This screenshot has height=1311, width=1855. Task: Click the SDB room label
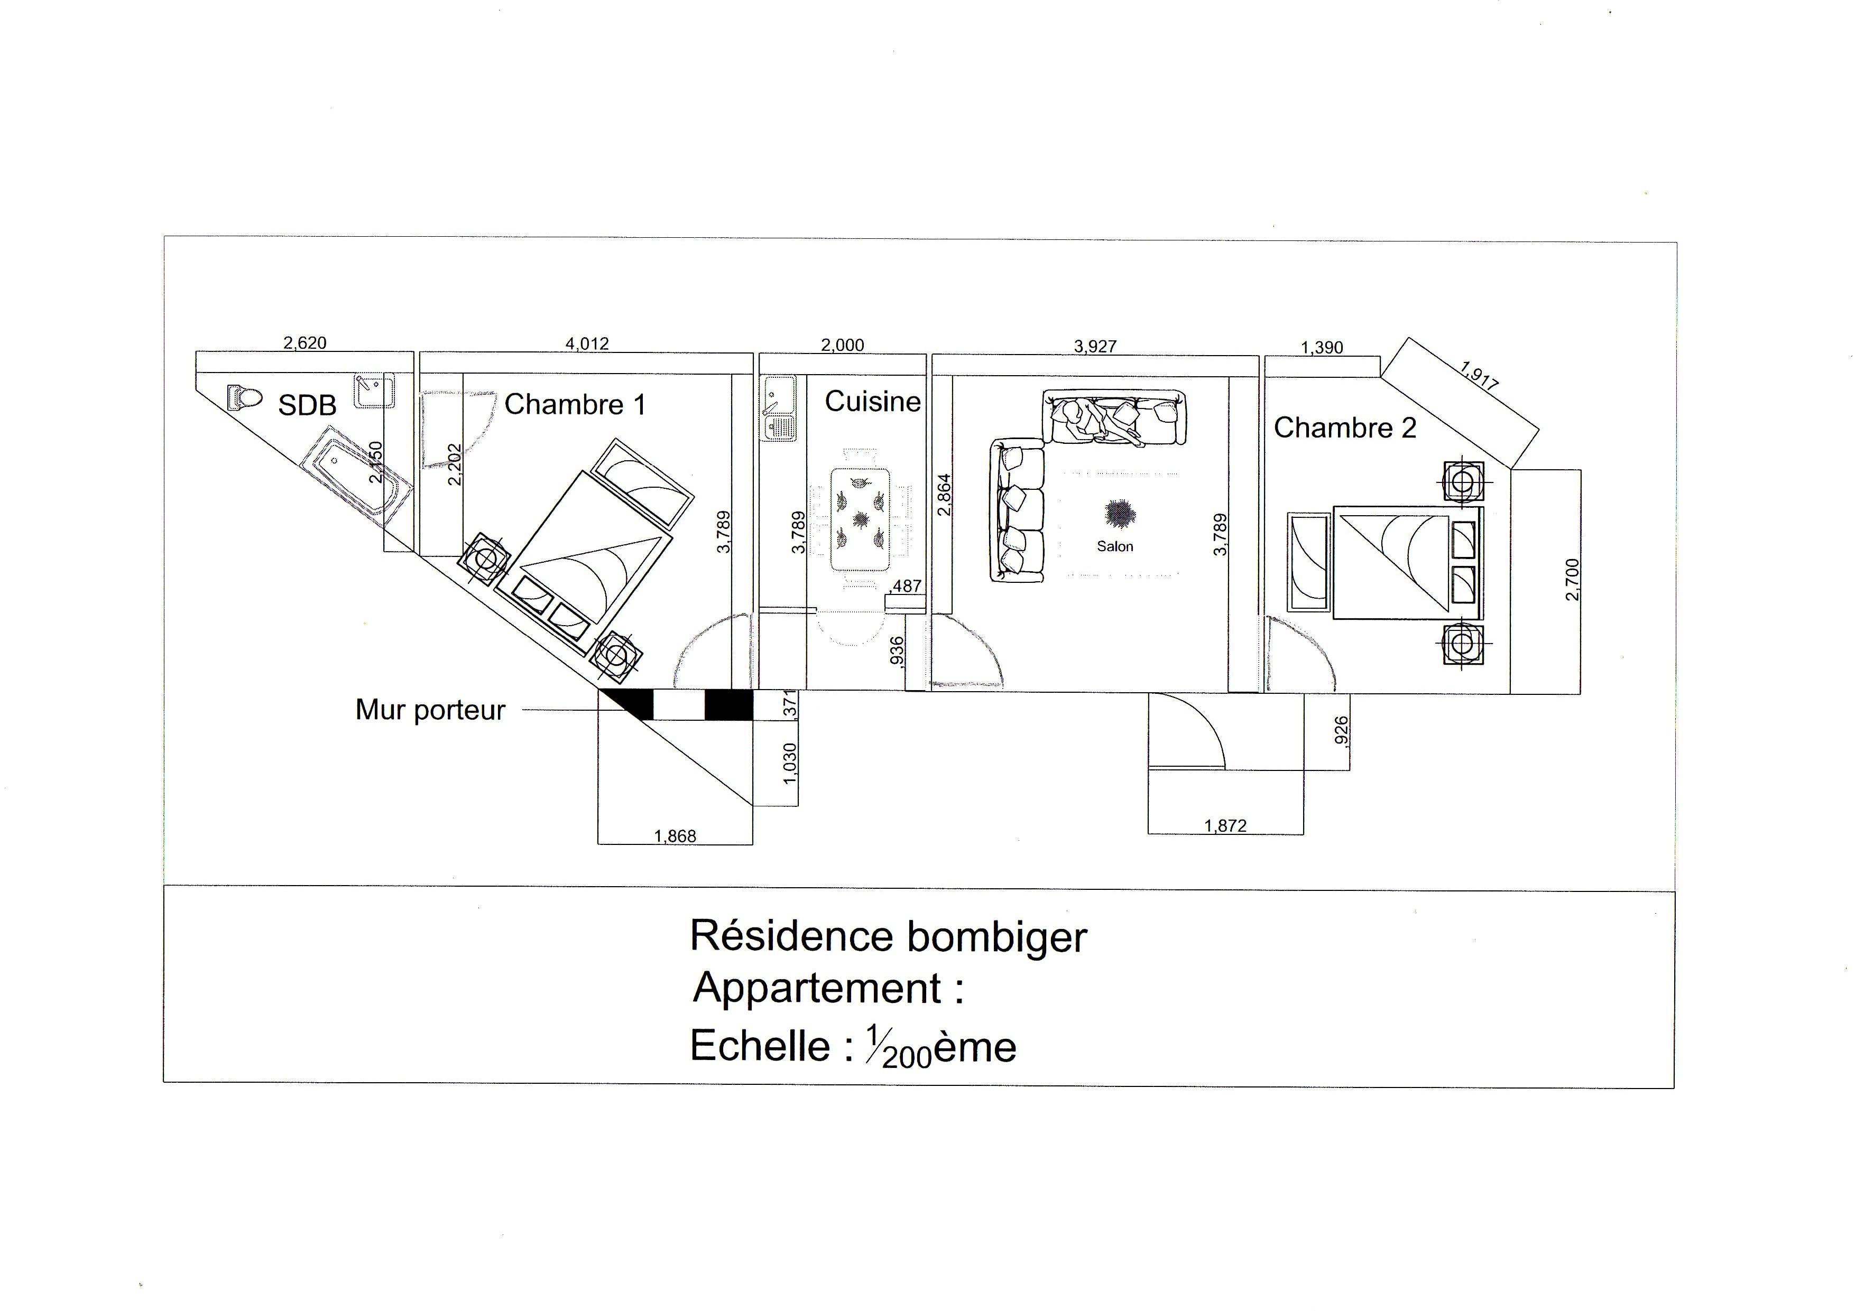[x=307, y=405]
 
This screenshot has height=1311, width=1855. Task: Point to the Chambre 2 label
[x=1345, y=427]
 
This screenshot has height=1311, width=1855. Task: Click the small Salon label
[x=1115, y=546]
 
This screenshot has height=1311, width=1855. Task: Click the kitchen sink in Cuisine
[x=779, y=408]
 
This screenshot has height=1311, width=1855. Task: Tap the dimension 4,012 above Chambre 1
[x=587, y=343]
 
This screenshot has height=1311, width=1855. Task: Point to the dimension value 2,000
[x=843, y=345]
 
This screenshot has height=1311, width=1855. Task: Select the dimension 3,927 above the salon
[x=1095, y=347]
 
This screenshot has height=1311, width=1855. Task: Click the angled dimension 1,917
[x=1480, y=376]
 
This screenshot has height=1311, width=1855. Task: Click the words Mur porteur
[x=431, y=710]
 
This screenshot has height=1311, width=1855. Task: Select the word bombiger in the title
[x=997, y=938]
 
